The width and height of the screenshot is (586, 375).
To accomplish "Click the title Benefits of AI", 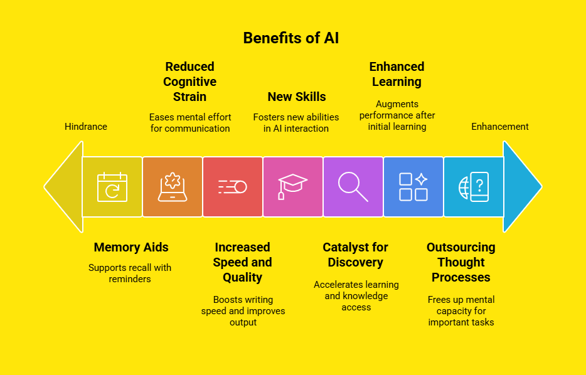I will click(291, 38).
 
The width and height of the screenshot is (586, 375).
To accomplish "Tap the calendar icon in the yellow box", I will click(112, 187).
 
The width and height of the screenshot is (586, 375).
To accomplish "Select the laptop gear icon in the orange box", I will click(173, 187).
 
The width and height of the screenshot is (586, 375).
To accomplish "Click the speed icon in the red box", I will click(233, 187).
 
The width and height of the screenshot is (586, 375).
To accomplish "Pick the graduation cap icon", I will click(293, 187).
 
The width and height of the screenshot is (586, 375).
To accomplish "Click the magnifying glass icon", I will click(353, 187).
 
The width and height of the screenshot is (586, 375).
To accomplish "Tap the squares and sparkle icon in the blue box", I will click(413, 187).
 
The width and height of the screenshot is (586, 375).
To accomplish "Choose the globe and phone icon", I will click(474, 187).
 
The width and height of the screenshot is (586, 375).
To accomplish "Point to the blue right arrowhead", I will click(521, 187).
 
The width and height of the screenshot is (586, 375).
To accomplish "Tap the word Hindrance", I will click(86, 127).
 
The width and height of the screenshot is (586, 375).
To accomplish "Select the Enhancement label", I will click(500, 127).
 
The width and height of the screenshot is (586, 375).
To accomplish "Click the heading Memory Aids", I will click(131, 247).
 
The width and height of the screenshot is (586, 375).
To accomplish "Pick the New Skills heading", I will click(297, 97).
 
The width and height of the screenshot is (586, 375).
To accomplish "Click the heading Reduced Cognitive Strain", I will click(189, 82).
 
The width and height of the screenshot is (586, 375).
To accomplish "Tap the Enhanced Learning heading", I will click(397, 74).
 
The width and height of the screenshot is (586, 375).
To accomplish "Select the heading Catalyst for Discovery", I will click(355, 255).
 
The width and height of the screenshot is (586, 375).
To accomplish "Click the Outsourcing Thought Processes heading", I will click(461, 262).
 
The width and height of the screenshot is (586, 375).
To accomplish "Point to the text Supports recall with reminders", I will click(130, 273).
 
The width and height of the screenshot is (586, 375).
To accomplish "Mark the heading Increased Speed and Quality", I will click(242, 262).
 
